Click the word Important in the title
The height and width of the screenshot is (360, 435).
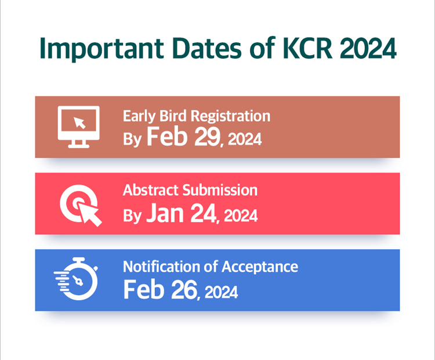pos(101,49)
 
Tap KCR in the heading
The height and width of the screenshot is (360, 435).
pos(307,48)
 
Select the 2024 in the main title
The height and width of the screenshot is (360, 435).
pos(368,48)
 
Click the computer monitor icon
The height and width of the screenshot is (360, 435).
pos(78,127)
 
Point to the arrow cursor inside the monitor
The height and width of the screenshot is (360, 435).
pos(79,122)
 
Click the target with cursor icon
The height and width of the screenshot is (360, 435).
pos(81,205)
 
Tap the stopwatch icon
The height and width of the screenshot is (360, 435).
pos(77,278)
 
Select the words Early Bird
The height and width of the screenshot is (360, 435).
pos(154,116)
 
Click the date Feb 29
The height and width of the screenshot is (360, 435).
pos(183,136)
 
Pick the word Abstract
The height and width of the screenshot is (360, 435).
pos(151,190)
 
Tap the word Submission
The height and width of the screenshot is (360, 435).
pos(220,190)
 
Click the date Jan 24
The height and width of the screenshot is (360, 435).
pos(181,213)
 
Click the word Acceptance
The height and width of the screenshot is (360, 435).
pos(260,267)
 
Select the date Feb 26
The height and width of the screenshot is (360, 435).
pos(160,289)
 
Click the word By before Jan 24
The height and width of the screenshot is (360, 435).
pos(132,216)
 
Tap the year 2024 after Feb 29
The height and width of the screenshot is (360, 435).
pos(245,139)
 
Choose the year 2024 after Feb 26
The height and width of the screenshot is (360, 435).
pos(221,293)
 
